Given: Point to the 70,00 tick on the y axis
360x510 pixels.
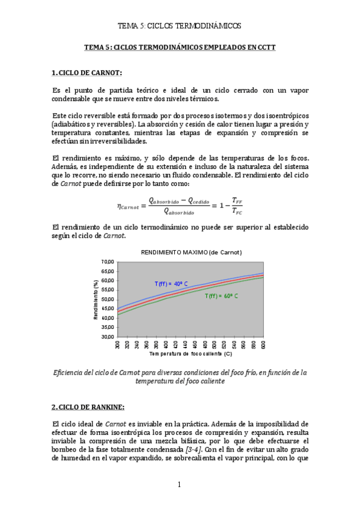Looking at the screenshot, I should pyautogui.click(x=108, y=262).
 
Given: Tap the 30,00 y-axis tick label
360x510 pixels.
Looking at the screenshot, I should pyautogui.click(x=108, y=337).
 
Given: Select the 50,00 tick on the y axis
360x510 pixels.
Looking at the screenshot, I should pyautogui.click(x=108, y=300).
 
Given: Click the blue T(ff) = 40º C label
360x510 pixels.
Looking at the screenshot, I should pyautogui.click(x=172, y=283).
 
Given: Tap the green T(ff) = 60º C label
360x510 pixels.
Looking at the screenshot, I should pyautogui.click(x=221, y=296).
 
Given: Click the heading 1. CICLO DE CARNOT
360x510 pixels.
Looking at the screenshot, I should pyautogui.click(x=87, y=73).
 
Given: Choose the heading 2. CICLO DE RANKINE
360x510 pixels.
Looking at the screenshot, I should pyautogui.click(x=88, y=407).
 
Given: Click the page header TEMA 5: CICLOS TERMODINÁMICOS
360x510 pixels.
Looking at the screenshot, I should pyautogui.click(x=179, y=26).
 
